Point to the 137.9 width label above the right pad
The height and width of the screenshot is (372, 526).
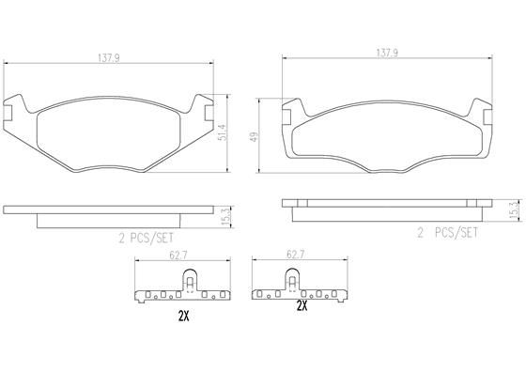point(384,54)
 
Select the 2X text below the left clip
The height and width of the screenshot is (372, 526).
point(184,317)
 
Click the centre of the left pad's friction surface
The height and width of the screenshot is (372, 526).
point(107,132)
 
